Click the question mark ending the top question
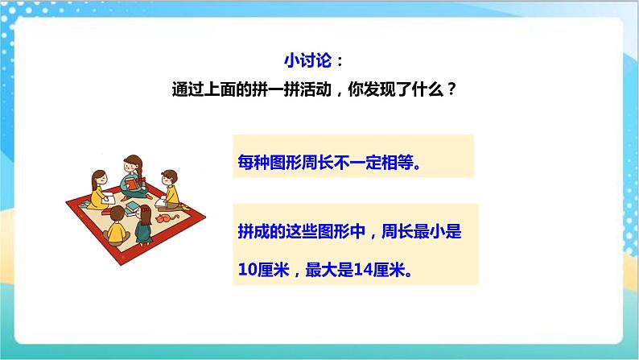coord(452,89)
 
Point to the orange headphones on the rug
coord(163,217)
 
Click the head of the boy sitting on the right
coord(169,176)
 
